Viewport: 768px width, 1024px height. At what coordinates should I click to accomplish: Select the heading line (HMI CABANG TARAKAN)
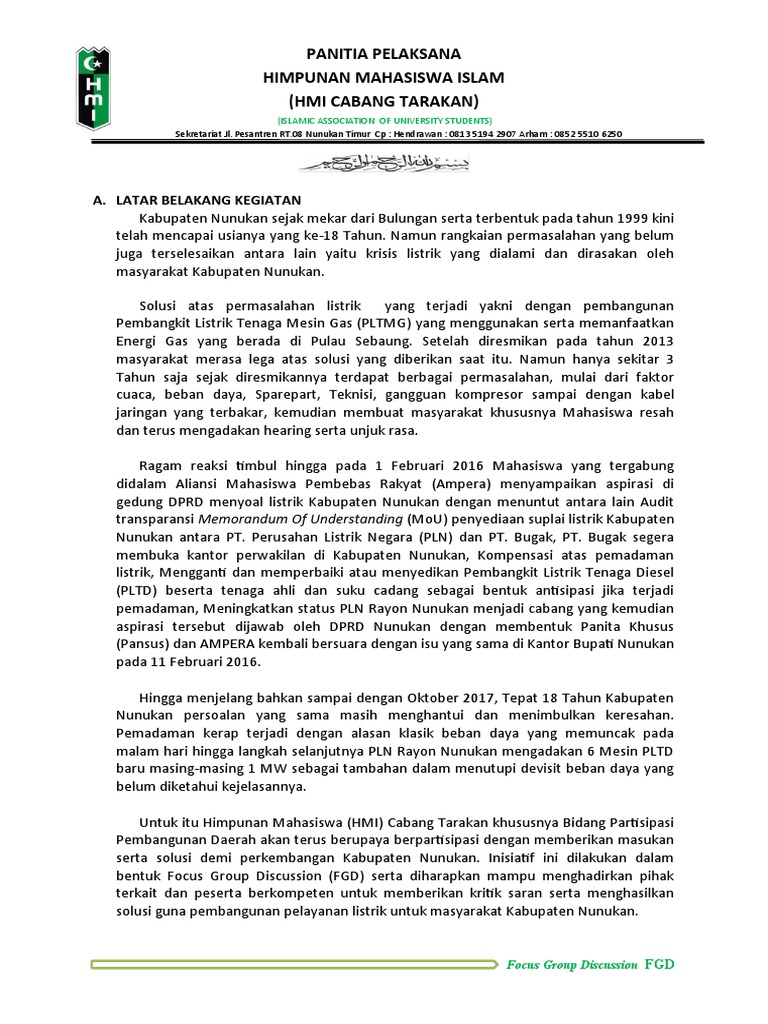(383, 101)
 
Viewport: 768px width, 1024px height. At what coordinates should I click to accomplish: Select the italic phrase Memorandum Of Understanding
(300, 520)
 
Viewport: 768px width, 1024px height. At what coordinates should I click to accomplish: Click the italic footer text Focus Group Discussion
(571, 965)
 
